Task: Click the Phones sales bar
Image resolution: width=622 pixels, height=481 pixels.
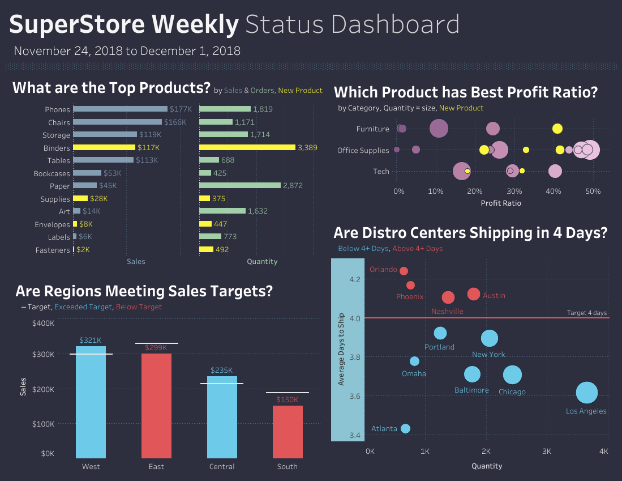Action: (120, 109)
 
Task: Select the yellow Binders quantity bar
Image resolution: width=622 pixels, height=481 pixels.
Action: (247, 147)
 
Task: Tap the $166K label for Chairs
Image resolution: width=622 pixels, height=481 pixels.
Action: (175, 122)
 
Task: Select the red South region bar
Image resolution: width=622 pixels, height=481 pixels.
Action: (288, 431)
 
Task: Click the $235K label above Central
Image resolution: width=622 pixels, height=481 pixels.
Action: (222, 370)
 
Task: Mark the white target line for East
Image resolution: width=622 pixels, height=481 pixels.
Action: (156, 343)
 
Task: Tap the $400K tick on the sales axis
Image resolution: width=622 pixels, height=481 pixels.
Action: (43, 323)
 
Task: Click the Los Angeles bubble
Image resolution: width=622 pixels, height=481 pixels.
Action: (587, 393)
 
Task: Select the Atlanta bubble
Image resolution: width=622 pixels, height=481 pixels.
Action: (405, 429)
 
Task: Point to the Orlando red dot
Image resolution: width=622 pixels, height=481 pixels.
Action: (404, 271)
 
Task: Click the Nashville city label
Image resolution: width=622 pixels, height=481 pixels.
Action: (447, 311)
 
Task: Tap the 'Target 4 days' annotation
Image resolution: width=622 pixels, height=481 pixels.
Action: (586, 313)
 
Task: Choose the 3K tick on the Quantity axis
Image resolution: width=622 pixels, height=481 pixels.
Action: (546, 452)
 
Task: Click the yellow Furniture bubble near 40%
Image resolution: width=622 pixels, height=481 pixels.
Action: (557, 129)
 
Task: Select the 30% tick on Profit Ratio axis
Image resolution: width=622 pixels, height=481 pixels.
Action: (514, 191)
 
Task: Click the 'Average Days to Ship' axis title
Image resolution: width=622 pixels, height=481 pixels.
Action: (341, 350)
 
